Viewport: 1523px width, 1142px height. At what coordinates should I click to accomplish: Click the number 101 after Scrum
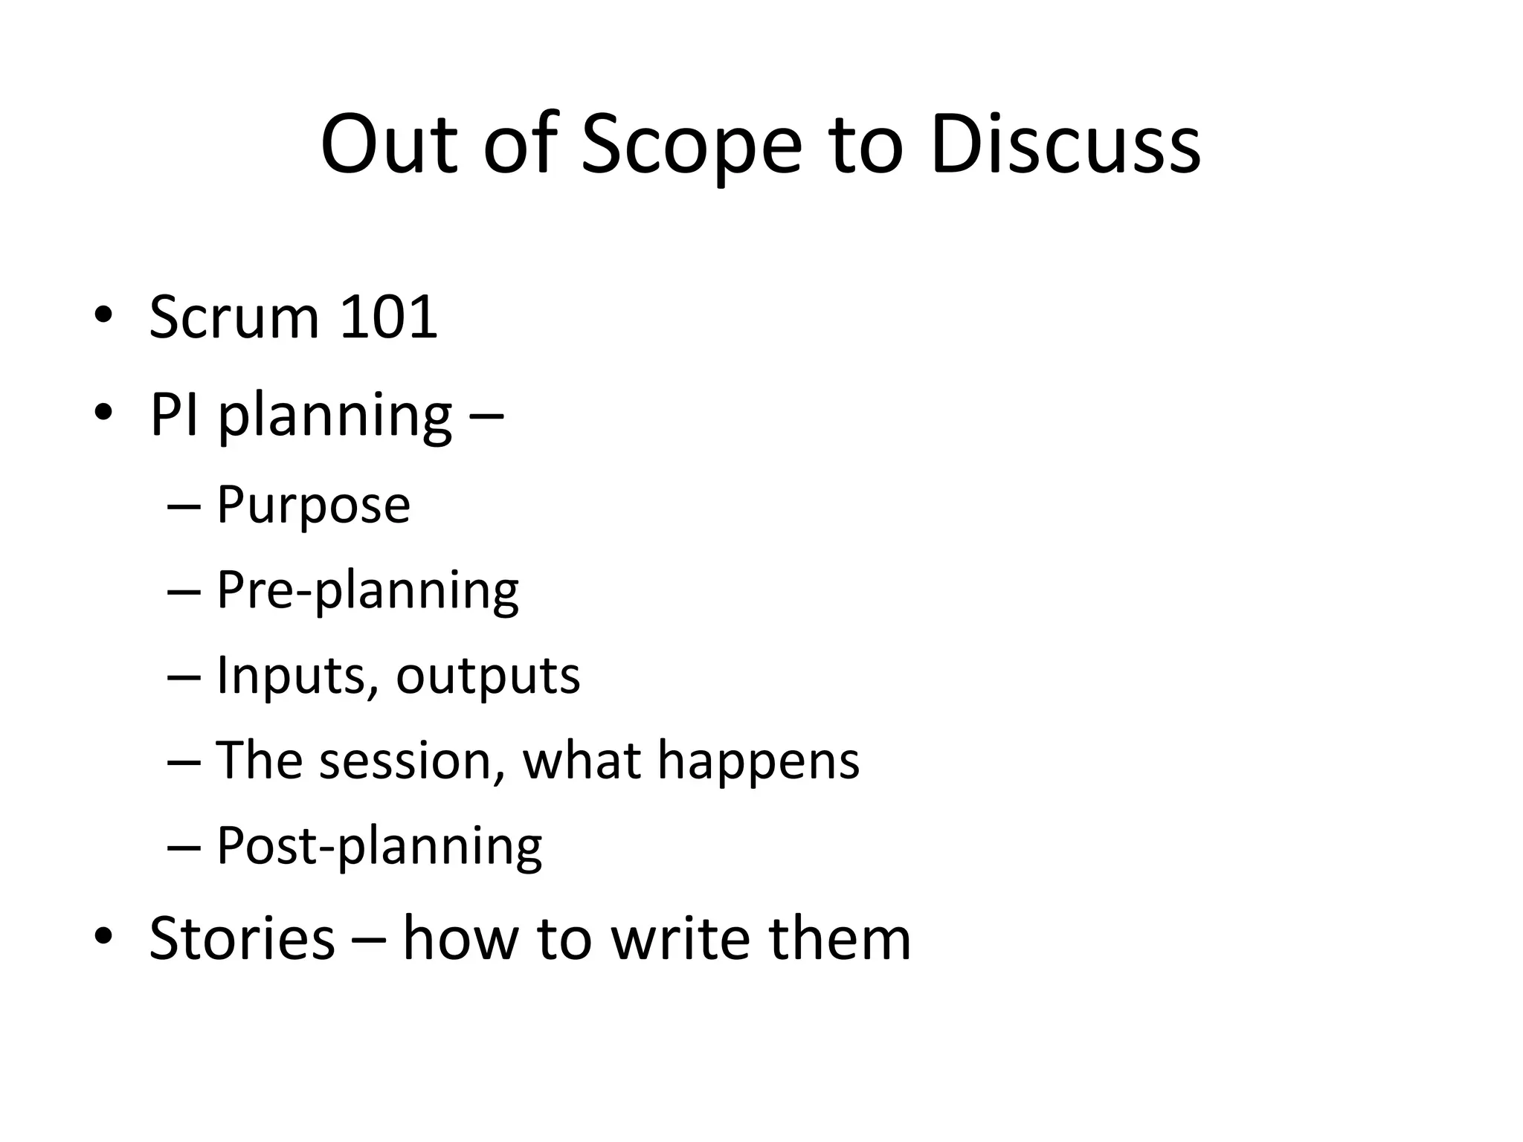point(387,317)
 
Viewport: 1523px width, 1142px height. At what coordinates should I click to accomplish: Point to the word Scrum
point(234,317)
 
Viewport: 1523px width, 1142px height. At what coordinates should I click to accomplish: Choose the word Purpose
point(313,505)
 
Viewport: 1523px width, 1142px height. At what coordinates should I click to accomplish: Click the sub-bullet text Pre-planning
point(367,591)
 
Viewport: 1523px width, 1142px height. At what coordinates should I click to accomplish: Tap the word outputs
point(488,676)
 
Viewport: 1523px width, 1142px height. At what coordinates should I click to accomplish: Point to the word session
point(406,761)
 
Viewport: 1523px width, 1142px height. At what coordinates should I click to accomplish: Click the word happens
point(759,762)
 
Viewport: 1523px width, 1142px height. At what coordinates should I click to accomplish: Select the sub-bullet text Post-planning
point(379,846)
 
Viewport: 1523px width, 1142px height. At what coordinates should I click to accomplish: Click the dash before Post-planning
point(184,848)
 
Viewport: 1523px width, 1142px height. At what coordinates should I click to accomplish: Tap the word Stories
point(242,938)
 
